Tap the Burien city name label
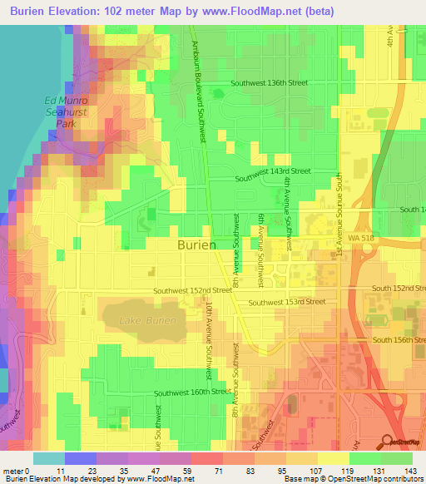click(197, 245)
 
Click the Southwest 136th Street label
click(270, 83)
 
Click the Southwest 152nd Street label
click(192, 291)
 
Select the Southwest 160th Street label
click(191, 392)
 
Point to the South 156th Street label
click(399, 339)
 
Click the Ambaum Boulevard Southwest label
click(200, 91)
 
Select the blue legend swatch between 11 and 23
click(78, 458)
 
